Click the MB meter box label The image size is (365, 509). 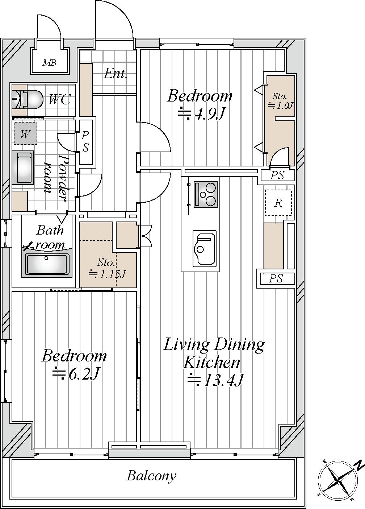[x=50, y=62]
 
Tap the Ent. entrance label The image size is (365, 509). [x=115, y=74]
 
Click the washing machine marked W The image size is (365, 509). [x=25, y=133]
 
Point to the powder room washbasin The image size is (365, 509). [x=23, y=167]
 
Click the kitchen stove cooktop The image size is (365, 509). [x=205, y=195]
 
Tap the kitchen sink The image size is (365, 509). [x=204, y=249]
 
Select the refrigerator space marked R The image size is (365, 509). [x=278, y=203]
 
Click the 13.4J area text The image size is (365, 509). [x=215, y=380]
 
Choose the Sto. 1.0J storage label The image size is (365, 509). [x=281, y=101]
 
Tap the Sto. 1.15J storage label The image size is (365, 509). [x=107, y=269]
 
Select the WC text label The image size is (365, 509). [x=59, y=99]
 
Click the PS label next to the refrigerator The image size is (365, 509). [x=277, y=175]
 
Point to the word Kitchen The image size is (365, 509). [x=211, y=362]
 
